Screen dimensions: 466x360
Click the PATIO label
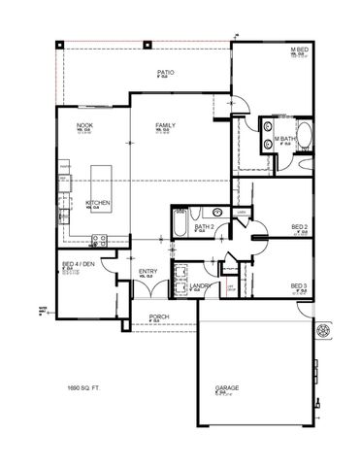pos(165,73)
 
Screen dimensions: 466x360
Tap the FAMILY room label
pos(165,126)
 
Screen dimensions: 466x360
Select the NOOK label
pos(84,126)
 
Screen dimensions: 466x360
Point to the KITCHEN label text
pos(97,202)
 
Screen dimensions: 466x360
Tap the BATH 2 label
pos(204,226)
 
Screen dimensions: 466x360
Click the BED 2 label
pos(300,226)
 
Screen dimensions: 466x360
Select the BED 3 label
pos(299,284)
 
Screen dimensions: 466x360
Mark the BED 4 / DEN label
pos(78,264)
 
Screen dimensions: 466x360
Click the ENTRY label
pos(148,271)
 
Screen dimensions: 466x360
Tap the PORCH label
pos(159,316)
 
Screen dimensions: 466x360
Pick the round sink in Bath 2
pos(217,212)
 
